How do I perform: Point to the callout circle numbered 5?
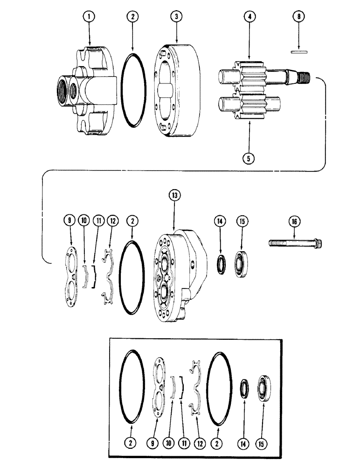[x=249, y=158]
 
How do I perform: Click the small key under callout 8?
[x=298, y=52]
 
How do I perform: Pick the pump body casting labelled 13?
[x=180, y=270]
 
